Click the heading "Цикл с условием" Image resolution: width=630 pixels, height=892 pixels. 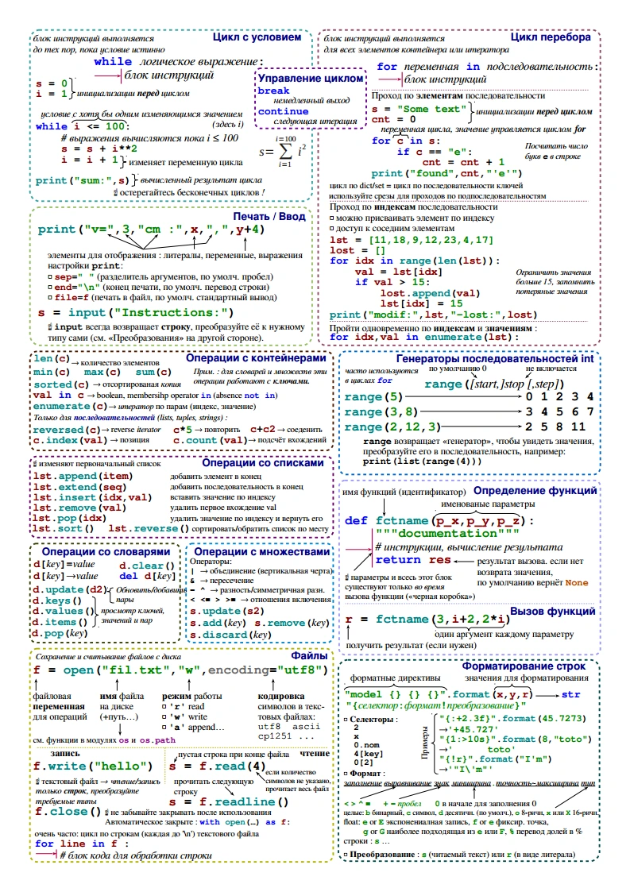tap(257, 37)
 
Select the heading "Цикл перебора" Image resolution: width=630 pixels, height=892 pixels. tap(550, 37)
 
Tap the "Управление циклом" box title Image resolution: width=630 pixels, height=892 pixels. tap(311, 79)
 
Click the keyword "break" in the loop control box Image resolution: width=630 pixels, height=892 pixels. tap(274, 91)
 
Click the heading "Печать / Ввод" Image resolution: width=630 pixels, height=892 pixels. tap(269, 216)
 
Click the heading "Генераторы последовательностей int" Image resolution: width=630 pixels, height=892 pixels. tap(494, 359)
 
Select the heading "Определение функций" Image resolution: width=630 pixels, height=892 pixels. tap(535, 491)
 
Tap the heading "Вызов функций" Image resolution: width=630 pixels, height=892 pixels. tap(553, 612)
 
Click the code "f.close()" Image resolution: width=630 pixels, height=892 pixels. tap(69, 813)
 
